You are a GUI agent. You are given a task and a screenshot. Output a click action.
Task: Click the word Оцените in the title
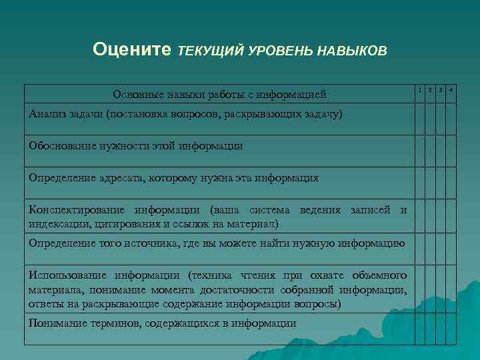tap(131, 49)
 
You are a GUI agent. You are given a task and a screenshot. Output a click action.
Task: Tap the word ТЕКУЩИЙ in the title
tap(210, 51)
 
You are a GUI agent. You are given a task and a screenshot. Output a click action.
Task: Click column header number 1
tap(420, 89)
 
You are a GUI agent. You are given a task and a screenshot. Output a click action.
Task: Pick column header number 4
tap(451, 89)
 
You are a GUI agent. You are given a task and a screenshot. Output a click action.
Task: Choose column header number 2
tap(431, 89)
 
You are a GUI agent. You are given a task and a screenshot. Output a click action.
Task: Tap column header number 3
tap(441, 89)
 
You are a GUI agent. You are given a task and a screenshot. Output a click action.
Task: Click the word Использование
tap(69, 275)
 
